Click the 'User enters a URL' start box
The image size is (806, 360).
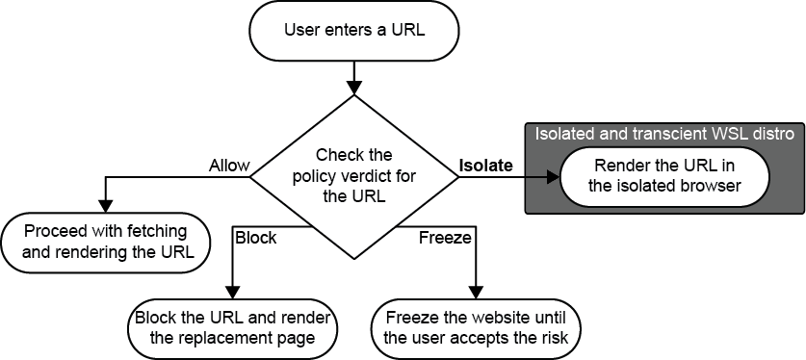point(354,31)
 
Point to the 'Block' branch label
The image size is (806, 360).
point(255,238)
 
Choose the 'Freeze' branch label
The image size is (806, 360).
point(446,238)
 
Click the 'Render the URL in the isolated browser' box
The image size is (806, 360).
point(663,175)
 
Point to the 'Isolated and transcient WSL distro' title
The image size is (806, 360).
point(663,134)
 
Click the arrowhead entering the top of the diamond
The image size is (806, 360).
point(353,85)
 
